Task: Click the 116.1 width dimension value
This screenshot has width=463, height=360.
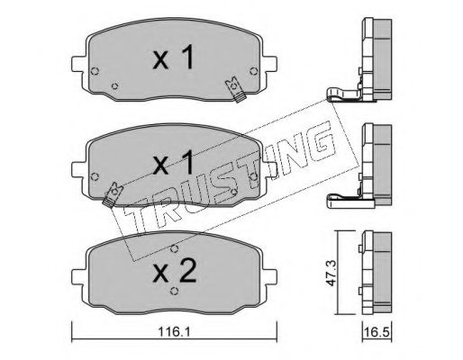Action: pos(174,332)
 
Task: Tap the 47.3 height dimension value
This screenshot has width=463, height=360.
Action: pos(331,273)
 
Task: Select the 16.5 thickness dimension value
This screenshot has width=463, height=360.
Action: pos(377,332)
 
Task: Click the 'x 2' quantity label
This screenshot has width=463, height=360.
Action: pos(175,271)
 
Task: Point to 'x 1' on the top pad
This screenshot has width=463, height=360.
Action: pos(174,58)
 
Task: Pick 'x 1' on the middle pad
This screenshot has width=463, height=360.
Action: pos(173,163)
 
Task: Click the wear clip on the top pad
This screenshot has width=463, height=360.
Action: pos(236,89)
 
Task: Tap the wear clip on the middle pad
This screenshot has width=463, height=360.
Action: pos(113,194)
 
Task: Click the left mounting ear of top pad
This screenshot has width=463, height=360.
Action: pos(78,64)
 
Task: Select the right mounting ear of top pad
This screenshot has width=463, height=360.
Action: pos(269,64)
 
